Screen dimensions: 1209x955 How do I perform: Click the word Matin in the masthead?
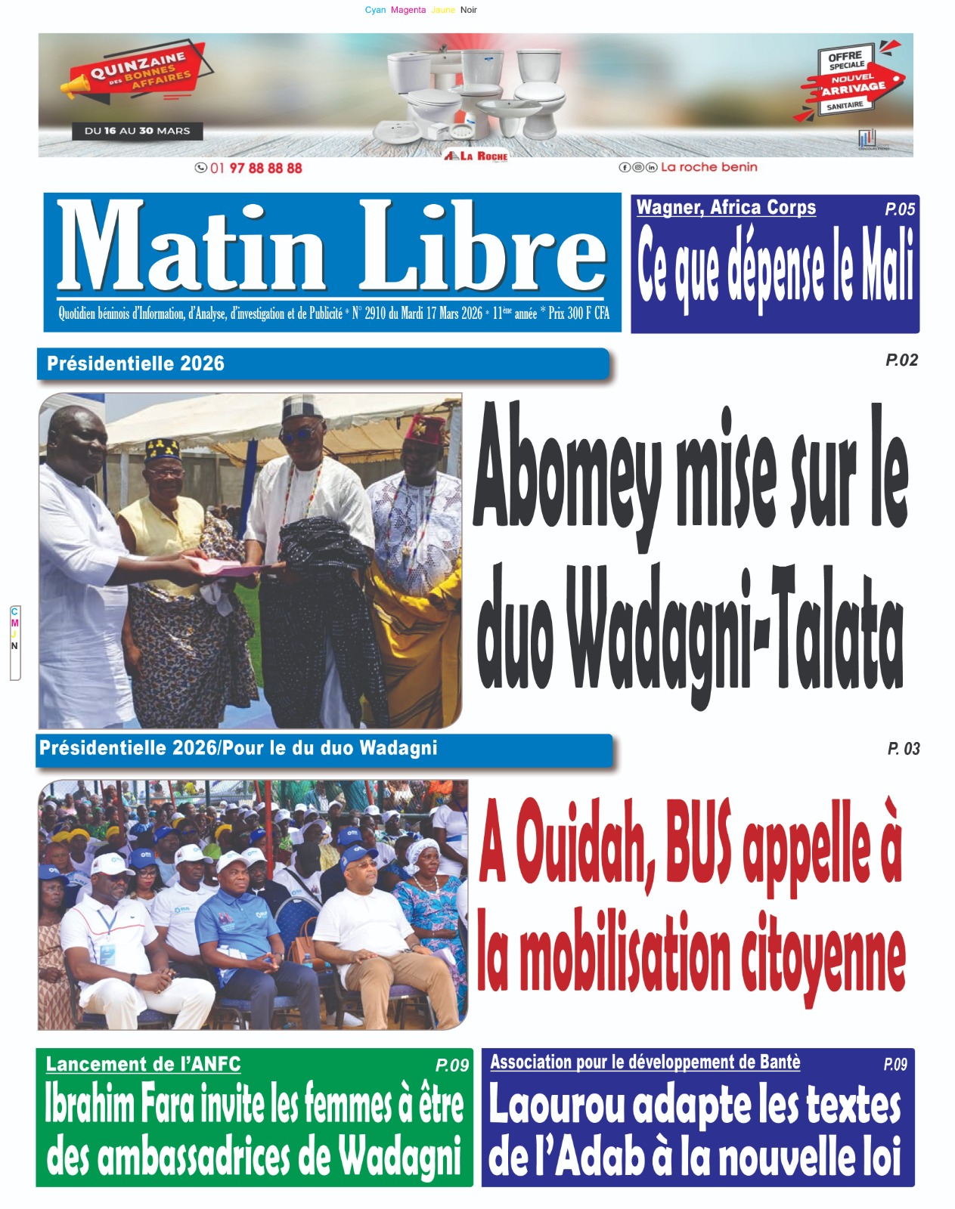191,247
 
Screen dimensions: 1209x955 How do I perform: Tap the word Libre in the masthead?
482,247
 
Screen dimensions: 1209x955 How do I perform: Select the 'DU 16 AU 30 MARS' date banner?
137,131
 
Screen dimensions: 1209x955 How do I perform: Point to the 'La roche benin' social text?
708,167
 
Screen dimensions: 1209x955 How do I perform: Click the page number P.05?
900,209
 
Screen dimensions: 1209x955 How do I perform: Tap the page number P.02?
901,360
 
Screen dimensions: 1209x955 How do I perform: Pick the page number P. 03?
904,749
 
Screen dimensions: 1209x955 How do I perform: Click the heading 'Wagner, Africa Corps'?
726,208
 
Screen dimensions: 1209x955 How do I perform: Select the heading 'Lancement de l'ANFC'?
143,1064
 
